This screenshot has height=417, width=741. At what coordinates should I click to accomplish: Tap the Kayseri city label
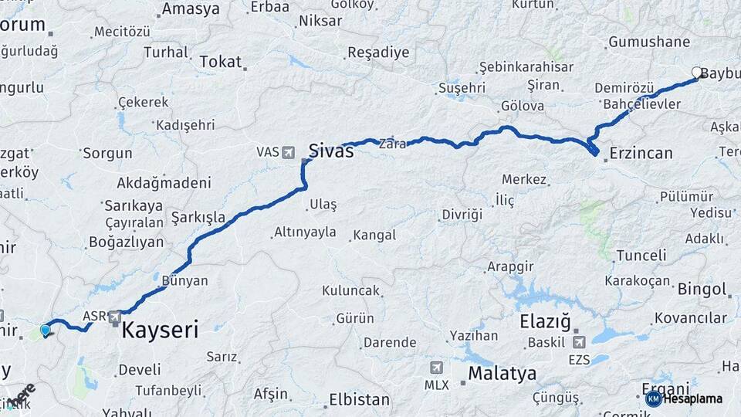point(160,331)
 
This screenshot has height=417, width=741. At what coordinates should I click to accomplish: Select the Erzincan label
point(641,153)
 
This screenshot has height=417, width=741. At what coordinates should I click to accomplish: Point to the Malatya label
point(502,375)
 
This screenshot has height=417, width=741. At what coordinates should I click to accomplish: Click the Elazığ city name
point(545,319)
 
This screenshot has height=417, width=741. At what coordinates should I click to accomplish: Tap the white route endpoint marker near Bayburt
point(697,73)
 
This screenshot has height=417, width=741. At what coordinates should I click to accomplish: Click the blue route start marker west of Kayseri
point(46,331)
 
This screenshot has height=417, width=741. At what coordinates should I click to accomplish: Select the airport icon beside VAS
point(289,152)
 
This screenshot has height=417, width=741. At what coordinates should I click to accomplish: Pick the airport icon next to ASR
point(115,316)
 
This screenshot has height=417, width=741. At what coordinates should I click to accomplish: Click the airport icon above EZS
point(579,341)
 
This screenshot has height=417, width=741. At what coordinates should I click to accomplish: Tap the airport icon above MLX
point(437,367)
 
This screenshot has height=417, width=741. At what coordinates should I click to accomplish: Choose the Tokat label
point(221,62)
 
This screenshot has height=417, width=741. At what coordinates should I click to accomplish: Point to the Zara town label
point(388,143)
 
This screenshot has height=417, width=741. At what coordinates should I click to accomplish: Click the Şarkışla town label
point(198,217)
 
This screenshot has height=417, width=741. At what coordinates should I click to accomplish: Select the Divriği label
point(462,214)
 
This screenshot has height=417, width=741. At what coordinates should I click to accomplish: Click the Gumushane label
point(648,42)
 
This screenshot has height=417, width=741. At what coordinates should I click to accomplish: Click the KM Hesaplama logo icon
point(654,398)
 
